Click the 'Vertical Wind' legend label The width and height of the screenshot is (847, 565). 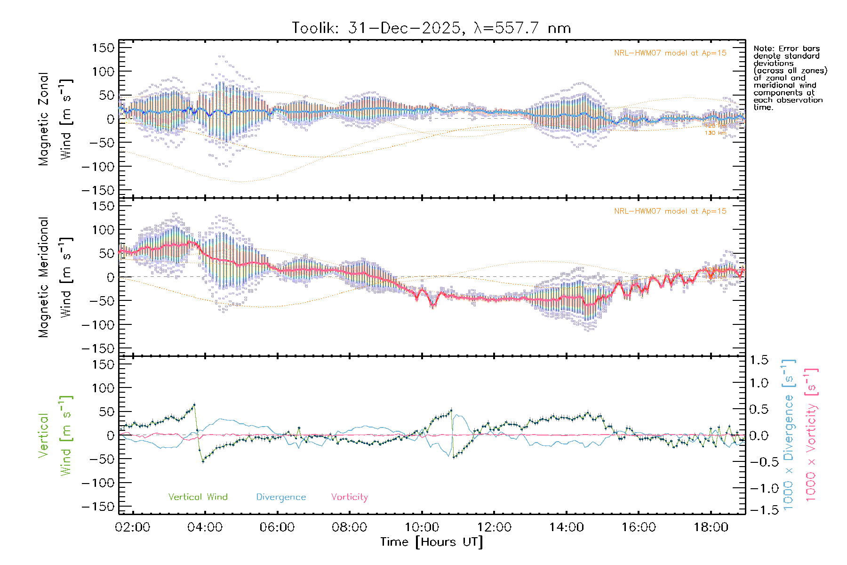(198, 497)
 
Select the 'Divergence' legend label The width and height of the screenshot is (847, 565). (281, 497)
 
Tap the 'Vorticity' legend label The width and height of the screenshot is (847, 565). (349, 497)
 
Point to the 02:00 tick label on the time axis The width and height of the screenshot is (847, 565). (133, 527)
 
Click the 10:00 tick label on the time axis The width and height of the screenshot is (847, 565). (422, 527)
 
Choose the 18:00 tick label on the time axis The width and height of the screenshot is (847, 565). (711, 527)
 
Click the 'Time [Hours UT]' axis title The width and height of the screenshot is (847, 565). (431, 542)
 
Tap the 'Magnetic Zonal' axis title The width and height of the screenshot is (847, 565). (44, 119)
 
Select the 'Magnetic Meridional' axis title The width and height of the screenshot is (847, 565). (44, 277)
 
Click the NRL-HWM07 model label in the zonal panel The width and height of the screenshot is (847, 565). (670, 53)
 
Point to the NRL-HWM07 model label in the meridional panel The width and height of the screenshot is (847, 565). (670, 211)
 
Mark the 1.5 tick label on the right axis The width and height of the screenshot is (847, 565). (759, 360)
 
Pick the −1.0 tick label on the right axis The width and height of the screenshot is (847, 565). (759, 488)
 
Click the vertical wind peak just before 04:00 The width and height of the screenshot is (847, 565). (194, 404)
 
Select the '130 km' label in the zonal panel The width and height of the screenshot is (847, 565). (715, 133)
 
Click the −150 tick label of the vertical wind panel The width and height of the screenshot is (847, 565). (98, 507)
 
